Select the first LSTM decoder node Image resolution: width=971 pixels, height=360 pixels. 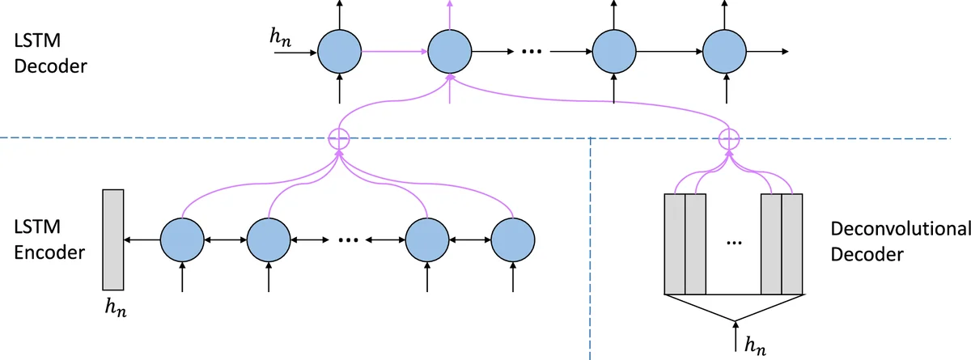click(x=339, y=53)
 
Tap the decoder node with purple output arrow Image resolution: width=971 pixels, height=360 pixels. click(x=449, y=53)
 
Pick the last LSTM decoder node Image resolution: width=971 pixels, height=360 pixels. click(x=724, y=53)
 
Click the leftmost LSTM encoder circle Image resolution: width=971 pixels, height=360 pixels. click(x=183, y=240)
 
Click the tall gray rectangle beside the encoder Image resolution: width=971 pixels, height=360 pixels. click(x=112, y=239)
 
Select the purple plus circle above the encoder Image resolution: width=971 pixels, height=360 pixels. click(x=339, y=138)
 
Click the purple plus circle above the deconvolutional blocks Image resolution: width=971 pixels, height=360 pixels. click(x=730, y=138)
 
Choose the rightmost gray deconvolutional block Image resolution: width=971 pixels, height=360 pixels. click(x=792, y=244)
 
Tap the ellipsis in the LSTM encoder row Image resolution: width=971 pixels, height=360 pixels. click(x=349, y=239)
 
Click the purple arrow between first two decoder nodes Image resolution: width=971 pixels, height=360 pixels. click(x=394, y=53)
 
